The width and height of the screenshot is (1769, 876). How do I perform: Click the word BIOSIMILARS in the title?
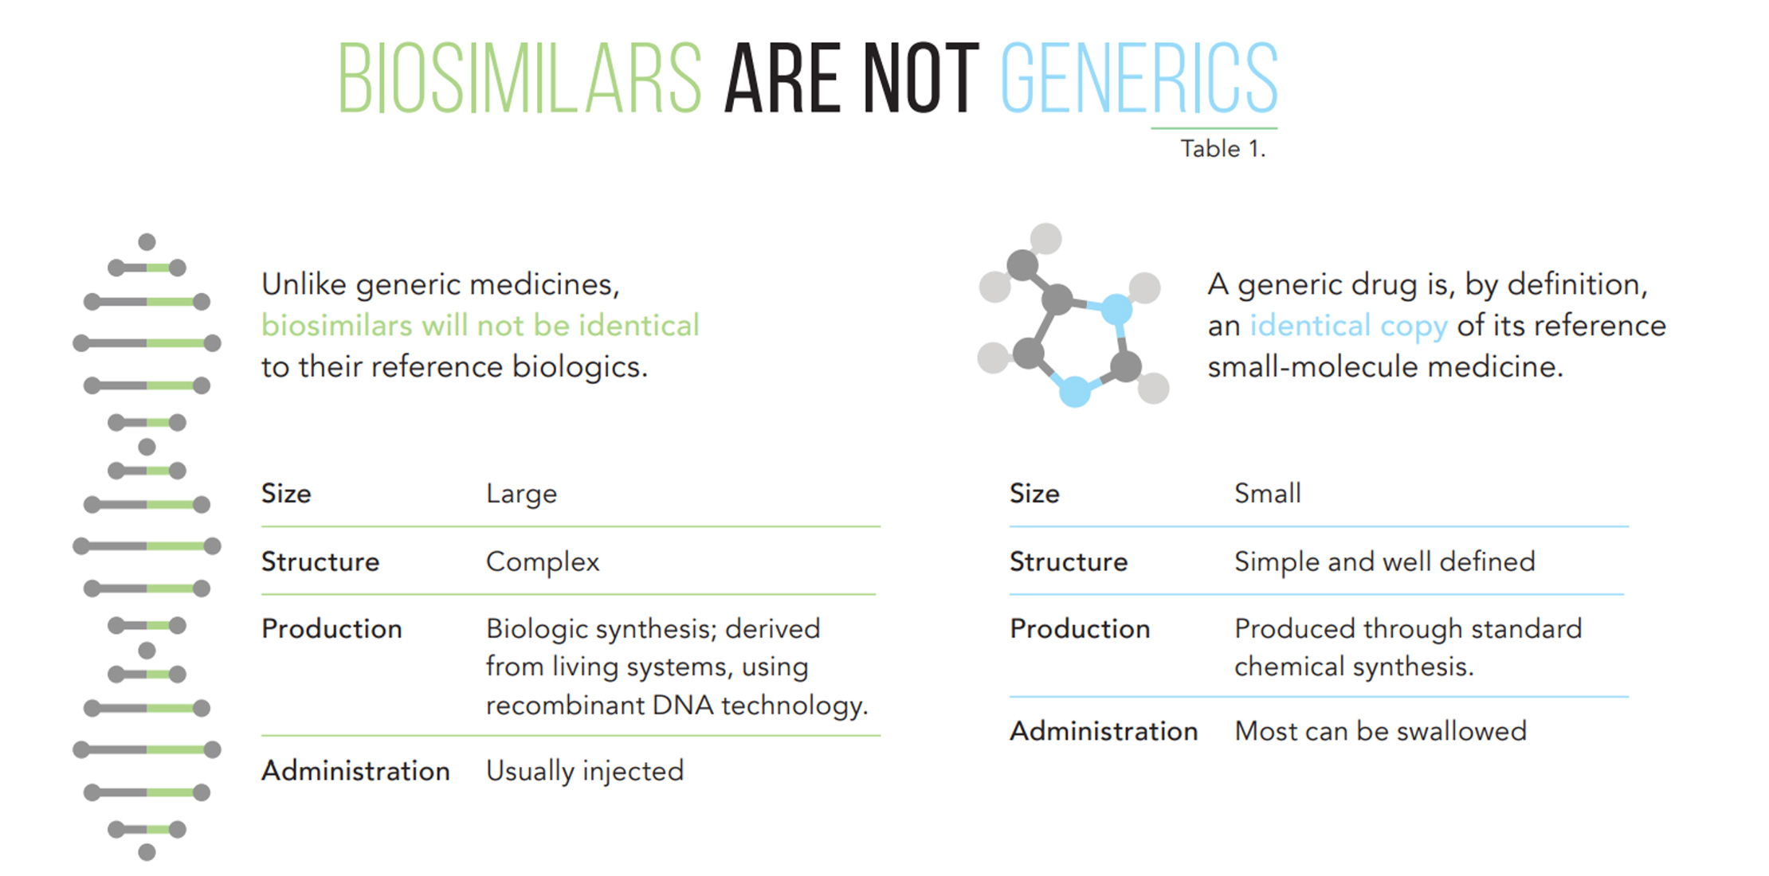click(520, 77)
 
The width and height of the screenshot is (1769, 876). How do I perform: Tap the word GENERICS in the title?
click(1139, 77)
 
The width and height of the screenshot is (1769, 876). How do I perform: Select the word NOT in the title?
click(920, 77)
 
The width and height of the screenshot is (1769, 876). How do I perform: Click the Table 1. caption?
click(1222, 149)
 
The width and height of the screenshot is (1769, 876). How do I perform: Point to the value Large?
click(521, 495)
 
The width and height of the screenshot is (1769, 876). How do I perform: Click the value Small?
click(1267, 494)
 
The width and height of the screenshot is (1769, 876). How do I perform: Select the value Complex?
click(543, 563)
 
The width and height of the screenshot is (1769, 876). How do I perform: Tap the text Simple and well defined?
click(1384, 561)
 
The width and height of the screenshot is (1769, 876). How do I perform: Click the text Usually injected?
click(585, 771)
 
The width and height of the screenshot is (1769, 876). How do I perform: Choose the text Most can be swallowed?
click(1380, 731)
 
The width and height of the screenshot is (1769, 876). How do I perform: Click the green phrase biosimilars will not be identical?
click(480, 325)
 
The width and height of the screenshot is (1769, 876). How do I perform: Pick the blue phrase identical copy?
click(1348, 326)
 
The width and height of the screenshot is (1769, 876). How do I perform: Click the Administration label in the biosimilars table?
click(355, 771)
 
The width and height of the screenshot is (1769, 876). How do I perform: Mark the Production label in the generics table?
click(1080, 629)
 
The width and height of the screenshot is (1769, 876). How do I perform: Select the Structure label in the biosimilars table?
click(320, 562)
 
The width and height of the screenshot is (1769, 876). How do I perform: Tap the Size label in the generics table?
click(1034, 494)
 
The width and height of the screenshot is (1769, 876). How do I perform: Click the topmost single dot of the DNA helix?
click(147, 242)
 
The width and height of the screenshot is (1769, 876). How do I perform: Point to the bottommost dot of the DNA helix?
click(147, 853)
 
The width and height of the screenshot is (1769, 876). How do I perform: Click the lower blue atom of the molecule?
click(1075, 391)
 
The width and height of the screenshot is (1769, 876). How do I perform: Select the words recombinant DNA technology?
click(677, 706)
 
